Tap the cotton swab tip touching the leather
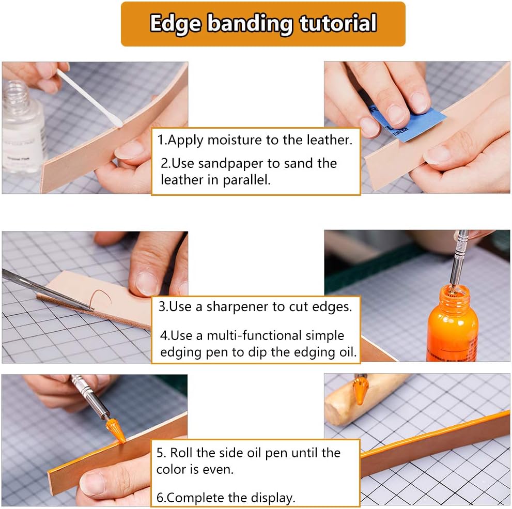tap(117, 122)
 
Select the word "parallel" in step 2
tap(246, 180)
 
